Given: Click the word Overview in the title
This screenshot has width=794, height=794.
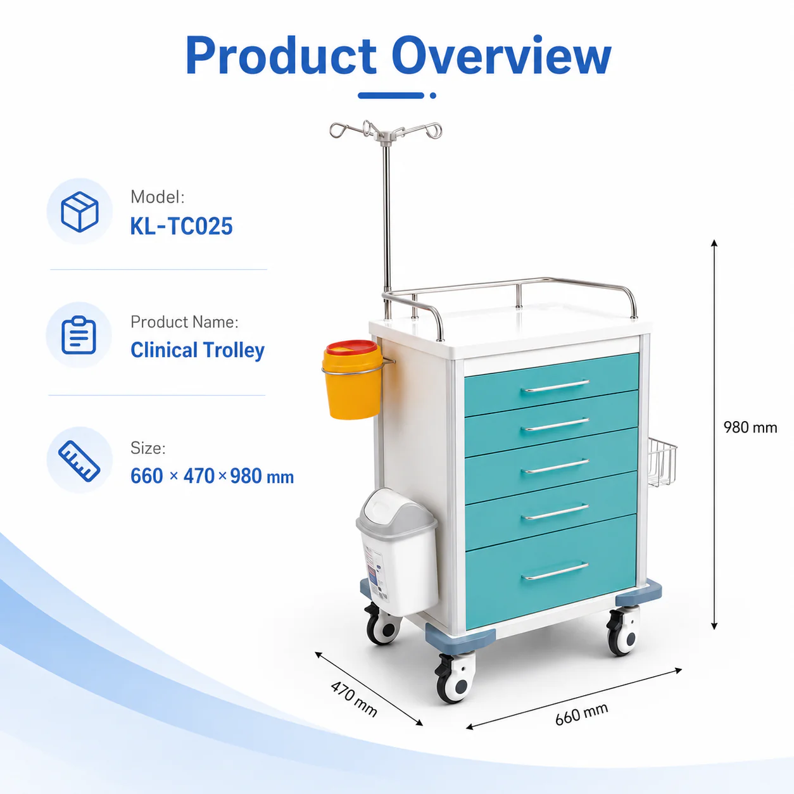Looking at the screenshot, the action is tap(501, 55).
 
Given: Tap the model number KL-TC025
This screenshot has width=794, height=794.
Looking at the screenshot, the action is tap(181, 226).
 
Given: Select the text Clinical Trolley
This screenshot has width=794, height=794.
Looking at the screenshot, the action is tap(198, 350).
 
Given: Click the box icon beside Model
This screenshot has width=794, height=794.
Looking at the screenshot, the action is tap(80, 211).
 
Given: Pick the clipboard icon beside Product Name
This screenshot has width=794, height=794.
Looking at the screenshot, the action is tap(79, 335).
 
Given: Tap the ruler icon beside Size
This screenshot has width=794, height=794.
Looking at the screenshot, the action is tap(79, 461).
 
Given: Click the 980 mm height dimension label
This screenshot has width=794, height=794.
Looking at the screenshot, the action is tap(750, 427).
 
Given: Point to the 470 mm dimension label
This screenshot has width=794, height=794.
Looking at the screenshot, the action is tap(354, 699).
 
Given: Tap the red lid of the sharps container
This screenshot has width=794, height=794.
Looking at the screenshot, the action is tap(351, 348).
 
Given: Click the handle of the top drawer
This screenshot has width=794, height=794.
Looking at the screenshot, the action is tap(555, 386).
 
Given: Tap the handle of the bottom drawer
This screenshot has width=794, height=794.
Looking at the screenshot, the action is tap(555, 570).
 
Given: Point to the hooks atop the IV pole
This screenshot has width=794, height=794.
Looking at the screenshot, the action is tap(386, 130).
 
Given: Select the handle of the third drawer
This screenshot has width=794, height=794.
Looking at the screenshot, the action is tap(555, 466).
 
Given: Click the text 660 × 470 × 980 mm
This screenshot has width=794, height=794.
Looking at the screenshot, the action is tap(212, 476).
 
